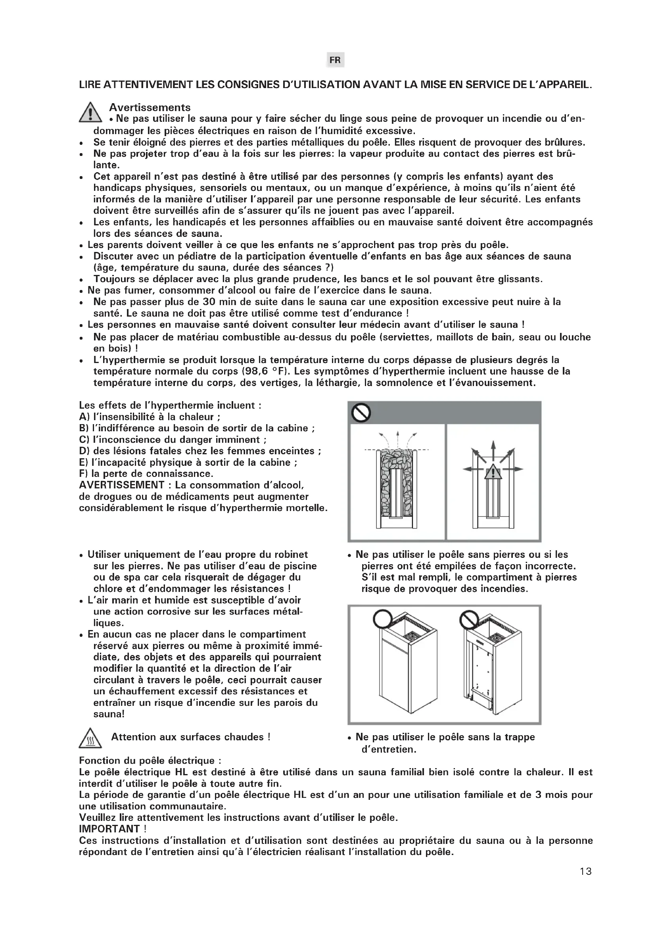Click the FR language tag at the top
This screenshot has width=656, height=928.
[x=335, y=60]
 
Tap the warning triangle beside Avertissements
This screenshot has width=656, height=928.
[x=90, y=112]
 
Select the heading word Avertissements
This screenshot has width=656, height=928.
[x=150, y=107]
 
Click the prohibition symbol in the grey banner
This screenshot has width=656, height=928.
[x=361, y=413]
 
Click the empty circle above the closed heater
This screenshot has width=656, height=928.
[x=382, y=619]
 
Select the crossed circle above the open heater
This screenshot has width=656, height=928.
[x=469, y=619]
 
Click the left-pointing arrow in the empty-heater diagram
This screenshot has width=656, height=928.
[x=470, y=469]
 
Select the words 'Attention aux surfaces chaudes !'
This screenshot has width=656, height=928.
[x=191, y=737]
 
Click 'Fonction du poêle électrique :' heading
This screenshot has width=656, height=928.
[x=150, y=761]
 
